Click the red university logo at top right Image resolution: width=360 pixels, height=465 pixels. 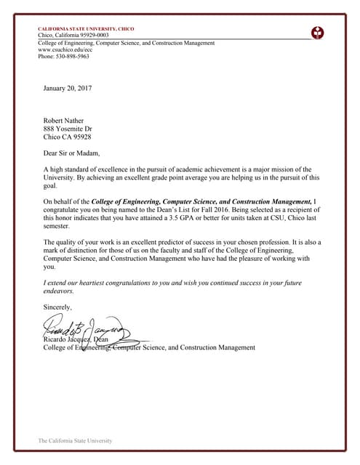(317, 33)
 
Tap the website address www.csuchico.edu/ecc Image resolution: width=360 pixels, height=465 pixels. (65, 49)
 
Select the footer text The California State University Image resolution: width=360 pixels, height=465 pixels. (75, 441)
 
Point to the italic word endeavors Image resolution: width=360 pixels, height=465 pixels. (59, 290)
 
